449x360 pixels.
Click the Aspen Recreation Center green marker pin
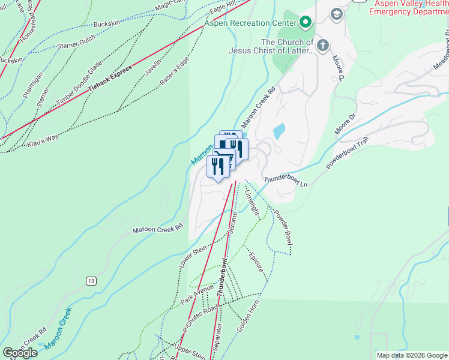306,23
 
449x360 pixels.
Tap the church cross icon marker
323,44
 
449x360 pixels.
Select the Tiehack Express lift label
110,79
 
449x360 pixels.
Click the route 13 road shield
91,281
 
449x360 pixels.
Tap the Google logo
19,353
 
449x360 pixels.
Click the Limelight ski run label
252,201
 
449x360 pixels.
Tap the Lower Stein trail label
192,255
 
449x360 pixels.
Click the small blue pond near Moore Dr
279,131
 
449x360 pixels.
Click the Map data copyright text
412,355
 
